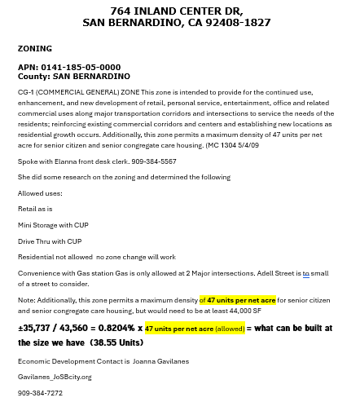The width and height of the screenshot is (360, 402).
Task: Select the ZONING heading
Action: pyautogui.click(x=35, y=49)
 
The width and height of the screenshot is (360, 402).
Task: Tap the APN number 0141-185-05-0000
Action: pyautogui.click(x=80, y=67)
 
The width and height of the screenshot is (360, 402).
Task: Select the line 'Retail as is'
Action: pyautogui.click(x=36, y=209)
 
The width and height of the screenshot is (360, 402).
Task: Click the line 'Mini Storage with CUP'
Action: pyautogui.click(x=53, y=225)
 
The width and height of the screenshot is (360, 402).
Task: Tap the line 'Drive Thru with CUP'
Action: pyautogui.click(x=50, y=241)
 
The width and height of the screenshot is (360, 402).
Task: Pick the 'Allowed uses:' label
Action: pyautogui.click(x=40, y=193)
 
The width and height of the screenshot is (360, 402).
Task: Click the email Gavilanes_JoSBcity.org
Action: pyautogui.click(x=55, y=377)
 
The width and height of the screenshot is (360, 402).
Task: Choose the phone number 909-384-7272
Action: pyautogui.click(x=40, y=393)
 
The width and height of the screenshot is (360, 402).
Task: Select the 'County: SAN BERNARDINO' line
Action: pyautogui.click(x=74, y=76)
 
